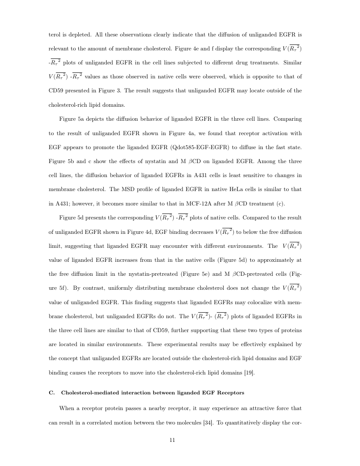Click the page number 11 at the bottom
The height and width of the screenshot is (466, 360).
[172, 440]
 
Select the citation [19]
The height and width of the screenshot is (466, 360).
[250, 372]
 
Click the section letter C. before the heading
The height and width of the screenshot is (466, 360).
[52, 393]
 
